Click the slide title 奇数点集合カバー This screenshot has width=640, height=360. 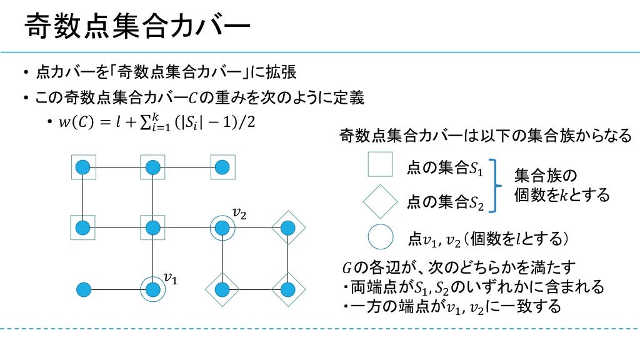[x=137, y=28]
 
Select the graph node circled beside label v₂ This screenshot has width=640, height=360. [x=221, y=228]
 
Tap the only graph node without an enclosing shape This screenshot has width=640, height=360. [x=83, y=289]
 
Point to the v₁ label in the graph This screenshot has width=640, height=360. [x=171, y=277]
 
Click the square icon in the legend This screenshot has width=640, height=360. [x=380, y=164]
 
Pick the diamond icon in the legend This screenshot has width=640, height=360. [x=380, y=201]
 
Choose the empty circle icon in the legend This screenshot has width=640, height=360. [x=380, y=237]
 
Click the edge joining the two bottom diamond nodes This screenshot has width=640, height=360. [x=254, y=289]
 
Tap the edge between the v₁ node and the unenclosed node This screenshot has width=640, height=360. [x=118, y=289]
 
